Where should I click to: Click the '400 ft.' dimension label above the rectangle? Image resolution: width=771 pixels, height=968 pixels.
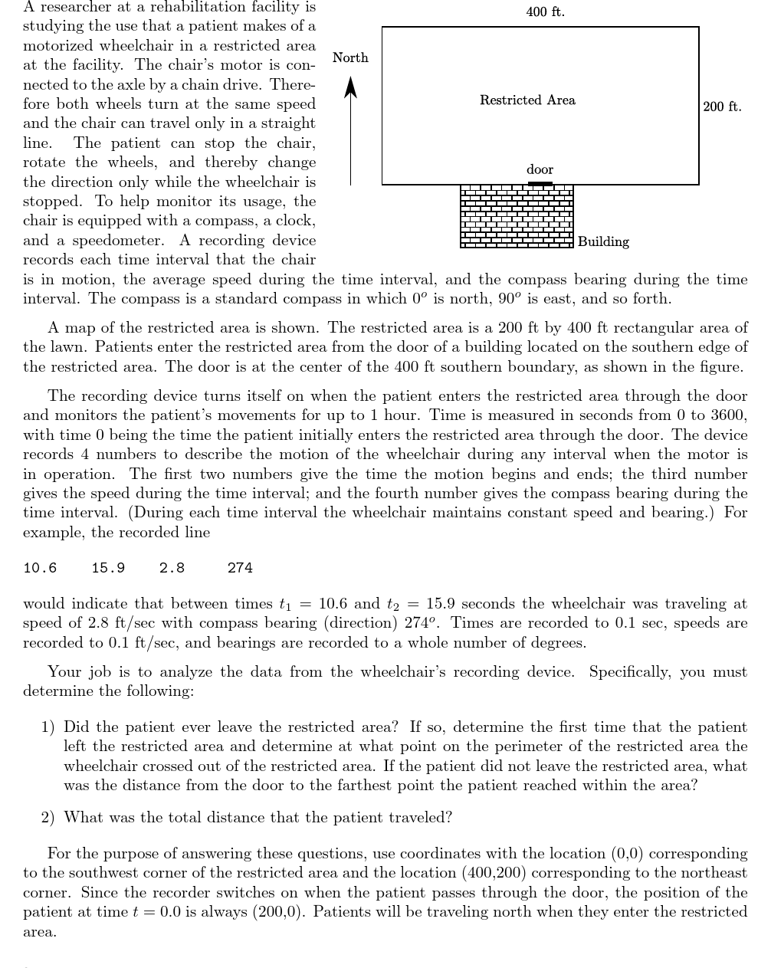coord(545,12)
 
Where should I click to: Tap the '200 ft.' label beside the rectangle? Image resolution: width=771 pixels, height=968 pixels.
coord(722,107)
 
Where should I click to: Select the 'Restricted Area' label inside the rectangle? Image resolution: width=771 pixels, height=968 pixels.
coord(527,100)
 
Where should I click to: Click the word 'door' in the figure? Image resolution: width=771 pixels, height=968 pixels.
coord(540,169)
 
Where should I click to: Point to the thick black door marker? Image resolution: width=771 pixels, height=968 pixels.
coord(540,184)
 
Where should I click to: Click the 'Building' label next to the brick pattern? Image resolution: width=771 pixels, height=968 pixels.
coord(603,242)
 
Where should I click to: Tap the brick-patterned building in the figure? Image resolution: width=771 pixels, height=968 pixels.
coord(516,217)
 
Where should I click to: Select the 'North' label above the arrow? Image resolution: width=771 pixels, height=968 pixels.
coord(350,58)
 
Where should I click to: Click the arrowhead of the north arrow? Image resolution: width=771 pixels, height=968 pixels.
coord(350,86)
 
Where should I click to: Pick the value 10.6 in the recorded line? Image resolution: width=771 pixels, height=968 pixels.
coord(40,569)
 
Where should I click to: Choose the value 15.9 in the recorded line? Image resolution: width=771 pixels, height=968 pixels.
coord(108,569)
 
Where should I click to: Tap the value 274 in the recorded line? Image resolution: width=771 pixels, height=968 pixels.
coord(240,569)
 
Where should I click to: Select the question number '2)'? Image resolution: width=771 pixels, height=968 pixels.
coord(48,818)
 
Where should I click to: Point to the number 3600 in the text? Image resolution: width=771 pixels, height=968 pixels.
coord(727,416)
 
